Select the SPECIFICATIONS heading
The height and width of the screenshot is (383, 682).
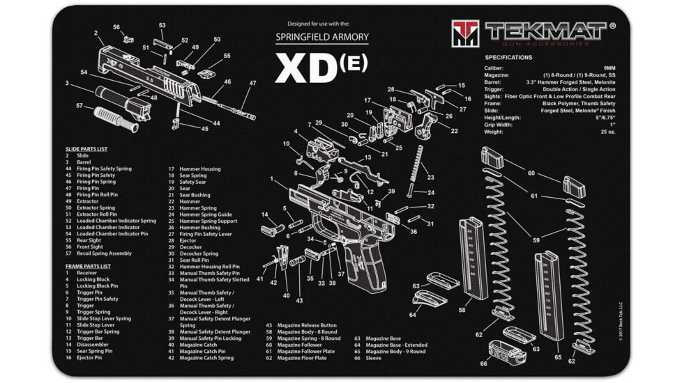(x=508, y=58)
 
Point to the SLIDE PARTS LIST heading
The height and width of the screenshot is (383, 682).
(x=86, y=149)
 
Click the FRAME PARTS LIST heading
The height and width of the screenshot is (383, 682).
(x=88, y=266)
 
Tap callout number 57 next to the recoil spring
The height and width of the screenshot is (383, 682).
(x=79, y=107)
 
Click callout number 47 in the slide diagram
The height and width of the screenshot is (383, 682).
(x=252, y=84)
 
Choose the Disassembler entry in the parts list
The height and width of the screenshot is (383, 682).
(x=94, y=345)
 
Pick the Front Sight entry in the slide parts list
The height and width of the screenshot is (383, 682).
(x=91, y=247)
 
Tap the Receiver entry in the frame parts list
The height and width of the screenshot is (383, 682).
(x=87, y=273)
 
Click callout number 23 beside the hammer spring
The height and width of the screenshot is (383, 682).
(x=431, y=178)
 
